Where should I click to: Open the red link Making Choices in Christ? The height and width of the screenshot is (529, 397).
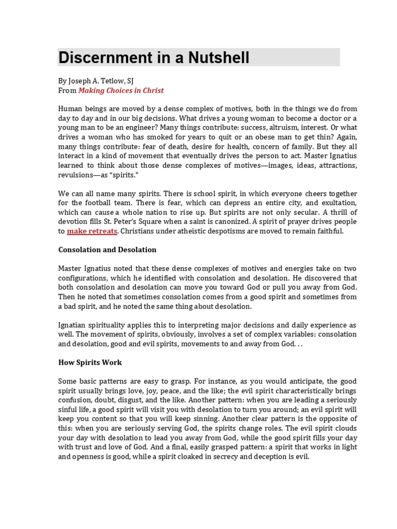[120, 90]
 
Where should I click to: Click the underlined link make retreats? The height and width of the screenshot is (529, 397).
[92, 231]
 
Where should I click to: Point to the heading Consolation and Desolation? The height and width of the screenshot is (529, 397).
[107, 250]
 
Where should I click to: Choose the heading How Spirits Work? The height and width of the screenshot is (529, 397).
[90, 362]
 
